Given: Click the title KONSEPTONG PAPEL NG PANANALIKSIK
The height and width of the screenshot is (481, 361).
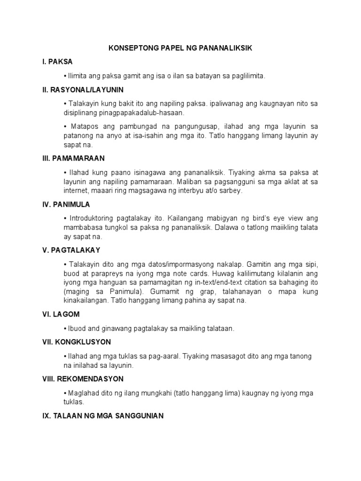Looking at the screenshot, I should pos(180,48).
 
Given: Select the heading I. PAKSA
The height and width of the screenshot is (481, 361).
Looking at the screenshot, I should pos(57,62).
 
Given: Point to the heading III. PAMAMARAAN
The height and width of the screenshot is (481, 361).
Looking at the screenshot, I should pos(73,159).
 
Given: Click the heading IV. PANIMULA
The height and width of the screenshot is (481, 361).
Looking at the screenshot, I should pos(66,204).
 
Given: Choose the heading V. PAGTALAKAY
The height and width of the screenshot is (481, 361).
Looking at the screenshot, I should pos(71,250).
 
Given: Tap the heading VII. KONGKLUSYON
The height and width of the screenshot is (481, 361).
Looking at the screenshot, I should pos(77,342).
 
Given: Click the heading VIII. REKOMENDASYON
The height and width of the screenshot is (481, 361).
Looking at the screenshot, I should pos(83,379).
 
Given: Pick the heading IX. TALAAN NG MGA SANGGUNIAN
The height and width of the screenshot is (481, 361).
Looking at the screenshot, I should pos(103,416).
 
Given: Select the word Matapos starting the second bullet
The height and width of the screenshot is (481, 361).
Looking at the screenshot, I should pos(86,127).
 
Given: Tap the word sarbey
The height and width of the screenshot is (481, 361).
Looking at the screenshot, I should pos(232,191).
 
